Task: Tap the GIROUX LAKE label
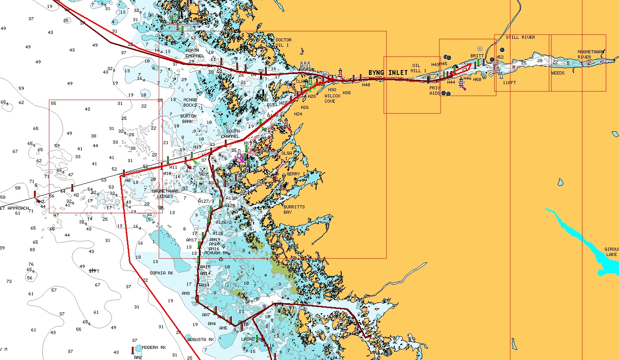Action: pos(611,252)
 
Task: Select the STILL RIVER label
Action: pos(520,37)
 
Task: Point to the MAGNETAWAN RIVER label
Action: pos(590,55)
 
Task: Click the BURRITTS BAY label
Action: pos(294,209)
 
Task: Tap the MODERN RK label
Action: pos(154,347)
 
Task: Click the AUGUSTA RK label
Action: pos(201,340)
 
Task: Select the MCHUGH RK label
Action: pos(216,253)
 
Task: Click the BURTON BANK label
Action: pos(188,119)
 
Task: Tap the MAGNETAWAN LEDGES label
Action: pos(165,193)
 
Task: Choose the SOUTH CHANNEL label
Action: pos(233,134)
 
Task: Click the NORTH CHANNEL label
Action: pos(195,53)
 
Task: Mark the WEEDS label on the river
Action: pos(558,73)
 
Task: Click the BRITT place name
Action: pos(477,56)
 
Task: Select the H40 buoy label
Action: pos(366,85)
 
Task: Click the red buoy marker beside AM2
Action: pos(133,350)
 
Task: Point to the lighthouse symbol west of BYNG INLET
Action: pos(340,73)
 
